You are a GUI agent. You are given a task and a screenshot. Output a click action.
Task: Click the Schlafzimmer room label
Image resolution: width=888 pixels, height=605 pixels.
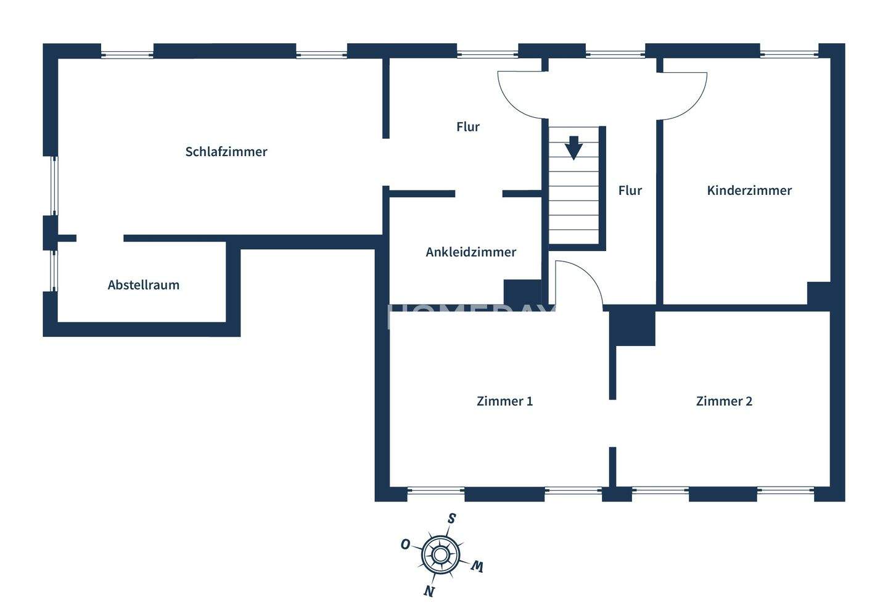226,152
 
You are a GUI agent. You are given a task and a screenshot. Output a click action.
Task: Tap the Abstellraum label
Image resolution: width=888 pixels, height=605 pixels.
143,285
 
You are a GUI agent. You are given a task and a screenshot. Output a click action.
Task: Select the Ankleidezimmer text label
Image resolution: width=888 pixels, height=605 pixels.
471,252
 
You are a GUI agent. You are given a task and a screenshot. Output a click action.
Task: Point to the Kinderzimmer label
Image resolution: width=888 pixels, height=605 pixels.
749,191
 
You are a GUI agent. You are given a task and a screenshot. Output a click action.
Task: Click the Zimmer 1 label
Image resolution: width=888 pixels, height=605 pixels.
504,401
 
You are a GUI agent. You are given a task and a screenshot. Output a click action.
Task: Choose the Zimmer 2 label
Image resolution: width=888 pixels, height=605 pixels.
724,401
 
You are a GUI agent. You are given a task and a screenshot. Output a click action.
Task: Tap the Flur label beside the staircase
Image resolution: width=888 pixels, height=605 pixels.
630,191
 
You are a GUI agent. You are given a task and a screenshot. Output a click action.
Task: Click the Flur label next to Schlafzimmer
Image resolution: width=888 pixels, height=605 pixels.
467,127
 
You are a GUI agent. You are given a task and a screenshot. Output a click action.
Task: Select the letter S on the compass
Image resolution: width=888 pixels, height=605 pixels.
451,519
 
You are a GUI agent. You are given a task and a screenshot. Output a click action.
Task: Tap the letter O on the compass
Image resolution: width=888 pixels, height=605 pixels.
405,545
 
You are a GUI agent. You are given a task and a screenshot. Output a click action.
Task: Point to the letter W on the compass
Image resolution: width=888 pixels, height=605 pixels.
476,567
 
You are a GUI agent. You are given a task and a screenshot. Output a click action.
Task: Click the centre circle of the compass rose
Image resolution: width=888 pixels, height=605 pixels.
440,555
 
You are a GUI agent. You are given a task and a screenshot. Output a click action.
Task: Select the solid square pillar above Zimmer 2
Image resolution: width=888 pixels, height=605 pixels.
632,326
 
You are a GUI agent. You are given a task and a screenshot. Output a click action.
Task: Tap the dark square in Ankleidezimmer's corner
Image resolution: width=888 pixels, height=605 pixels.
522,292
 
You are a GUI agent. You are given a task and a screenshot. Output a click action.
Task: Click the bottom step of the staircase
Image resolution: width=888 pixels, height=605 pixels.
573,237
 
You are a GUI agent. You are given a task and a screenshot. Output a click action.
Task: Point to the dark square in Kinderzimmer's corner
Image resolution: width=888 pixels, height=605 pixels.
819,294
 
